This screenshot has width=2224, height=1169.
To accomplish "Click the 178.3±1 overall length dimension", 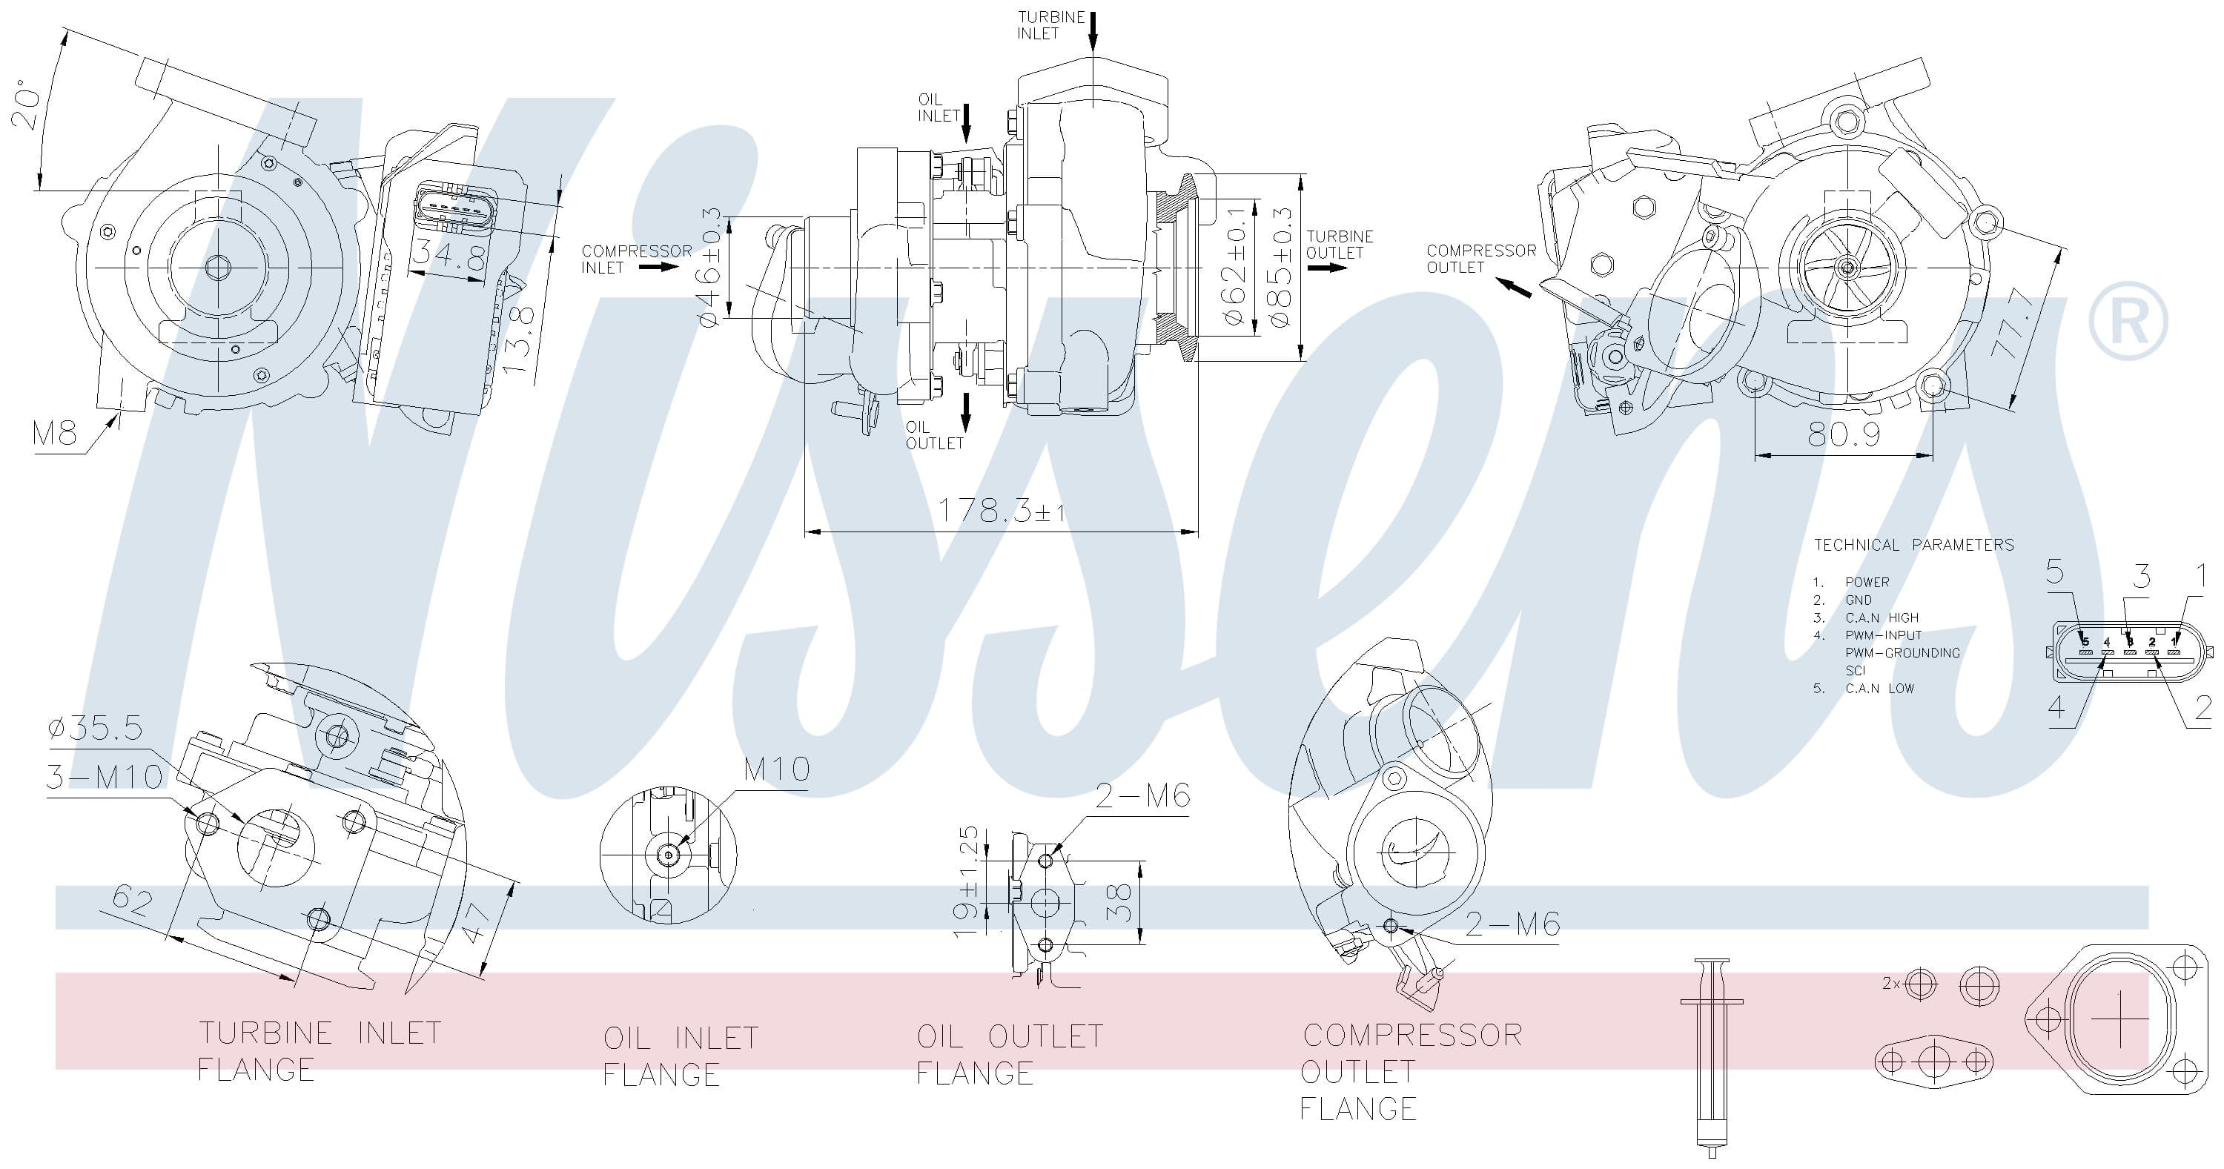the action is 1002,510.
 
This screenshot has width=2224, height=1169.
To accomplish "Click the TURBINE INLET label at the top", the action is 1050,25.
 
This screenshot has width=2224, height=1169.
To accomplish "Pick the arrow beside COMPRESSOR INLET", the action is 660,267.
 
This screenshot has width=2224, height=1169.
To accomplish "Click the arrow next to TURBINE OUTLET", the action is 1327,267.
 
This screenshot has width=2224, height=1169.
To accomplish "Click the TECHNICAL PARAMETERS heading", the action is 1913,545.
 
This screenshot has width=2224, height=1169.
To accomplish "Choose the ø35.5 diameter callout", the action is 95,728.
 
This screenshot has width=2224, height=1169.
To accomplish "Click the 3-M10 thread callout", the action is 104,777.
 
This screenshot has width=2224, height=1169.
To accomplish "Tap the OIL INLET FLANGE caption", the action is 681,1055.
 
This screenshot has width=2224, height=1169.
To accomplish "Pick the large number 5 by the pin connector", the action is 2055,572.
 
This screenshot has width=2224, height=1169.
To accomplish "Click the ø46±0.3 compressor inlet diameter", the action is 708,267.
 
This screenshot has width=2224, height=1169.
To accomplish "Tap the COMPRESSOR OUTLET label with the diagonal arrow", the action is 1480,258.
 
